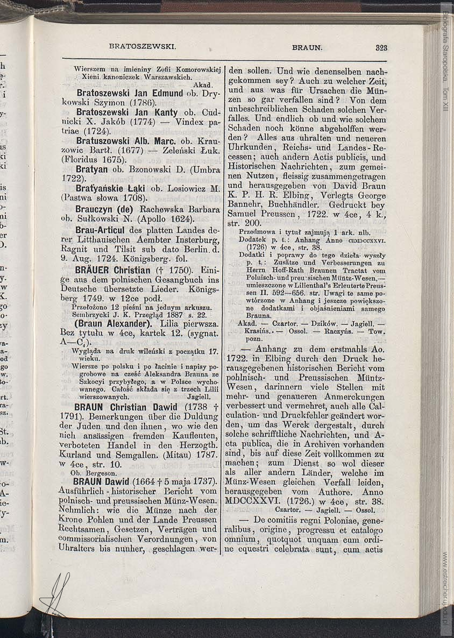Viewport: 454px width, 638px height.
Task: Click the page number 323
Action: coord(381,47)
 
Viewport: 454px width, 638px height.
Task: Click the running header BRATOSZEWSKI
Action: coord(143,47)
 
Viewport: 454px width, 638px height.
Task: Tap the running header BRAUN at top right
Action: coord(307,47)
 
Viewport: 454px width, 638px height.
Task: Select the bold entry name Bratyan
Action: coord(90,169)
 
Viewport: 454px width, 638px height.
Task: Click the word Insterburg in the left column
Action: coord(191,239)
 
